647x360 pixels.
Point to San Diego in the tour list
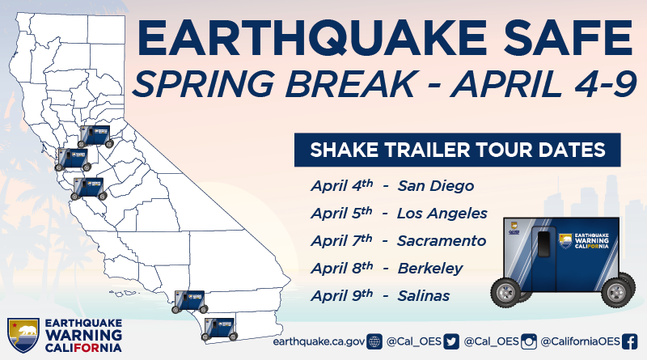click(x=435, y=186)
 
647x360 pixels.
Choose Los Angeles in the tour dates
click(x=442, y=214)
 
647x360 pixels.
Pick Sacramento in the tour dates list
click(x=442, y=241)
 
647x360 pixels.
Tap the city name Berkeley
click(x=430, y=269)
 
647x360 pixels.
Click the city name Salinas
click(x=424, y=296)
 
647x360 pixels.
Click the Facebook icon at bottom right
click(x=630, y=341)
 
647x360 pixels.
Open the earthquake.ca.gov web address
click(x=319, y=341)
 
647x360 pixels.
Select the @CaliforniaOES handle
click(x=581, y=341)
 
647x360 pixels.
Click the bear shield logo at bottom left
click(x=23, y=332)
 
